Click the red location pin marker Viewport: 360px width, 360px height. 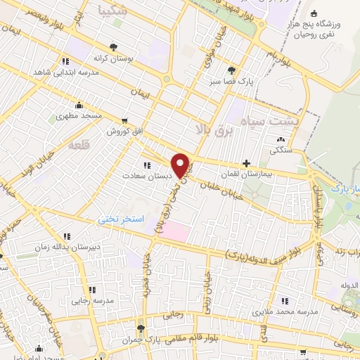(181, 165)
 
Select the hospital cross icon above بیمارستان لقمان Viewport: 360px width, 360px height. (245, 163)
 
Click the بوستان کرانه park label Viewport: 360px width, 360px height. (110, 58)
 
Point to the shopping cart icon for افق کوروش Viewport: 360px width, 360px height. (124, 121)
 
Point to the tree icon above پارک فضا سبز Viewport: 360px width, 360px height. (231, 70)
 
